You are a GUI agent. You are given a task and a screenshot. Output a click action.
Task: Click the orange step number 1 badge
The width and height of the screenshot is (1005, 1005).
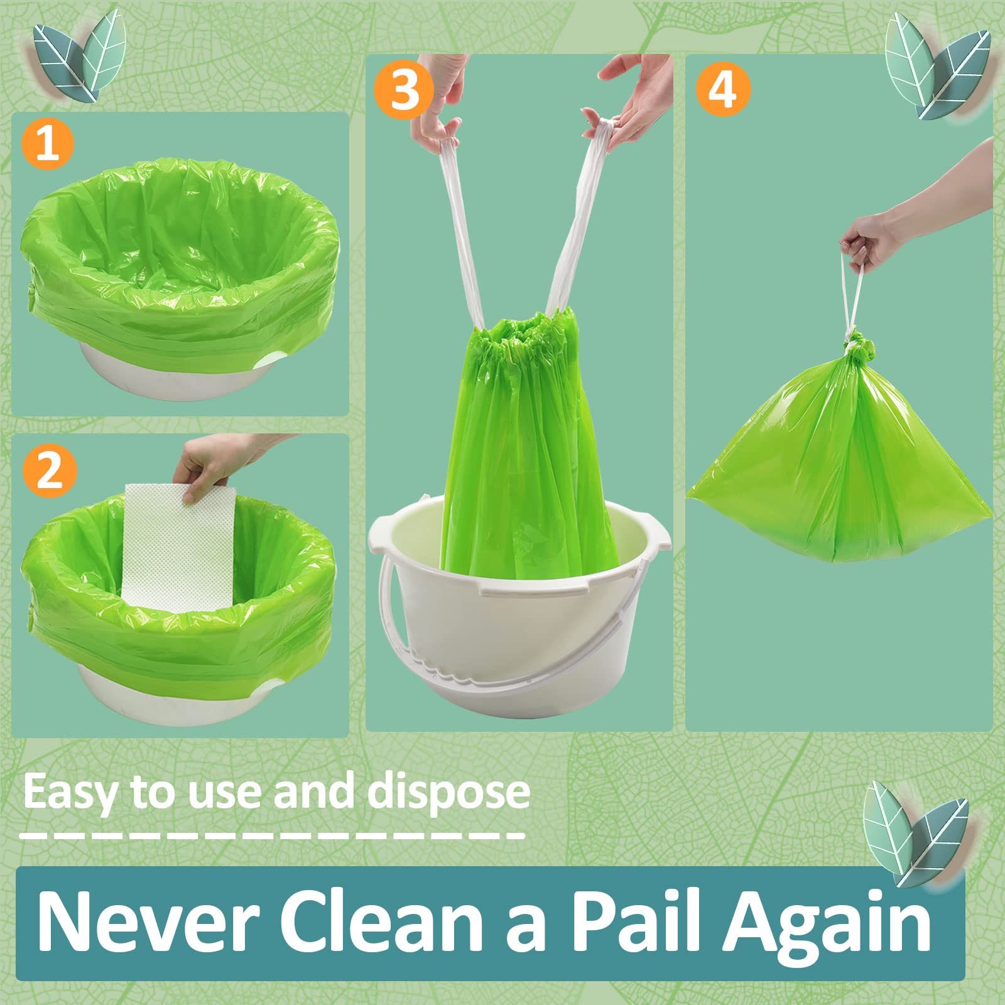[48, 144]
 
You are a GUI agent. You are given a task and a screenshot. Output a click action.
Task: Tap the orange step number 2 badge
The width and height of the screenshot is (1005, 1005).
[50, 471]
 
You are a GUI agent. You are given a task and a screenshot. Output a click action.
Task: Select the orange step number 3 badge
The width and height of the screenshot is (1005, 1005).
[404, 90]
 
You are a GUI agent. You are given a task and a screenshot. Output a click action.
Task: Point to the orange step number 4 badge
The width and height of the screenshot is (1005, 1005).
[722, 90]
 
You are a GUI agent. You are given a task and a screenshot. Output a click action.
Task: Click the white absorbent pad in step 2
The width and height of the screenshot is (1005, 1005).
[179, 546]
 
